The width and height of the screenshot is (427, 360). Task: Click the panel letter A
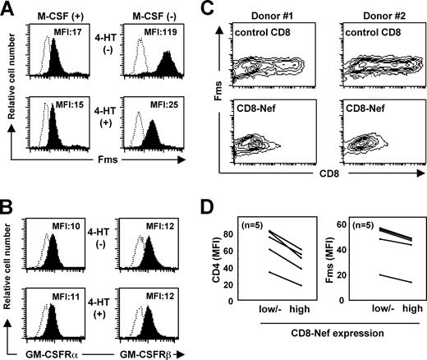pyautogui.click(x=10, y=8)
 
